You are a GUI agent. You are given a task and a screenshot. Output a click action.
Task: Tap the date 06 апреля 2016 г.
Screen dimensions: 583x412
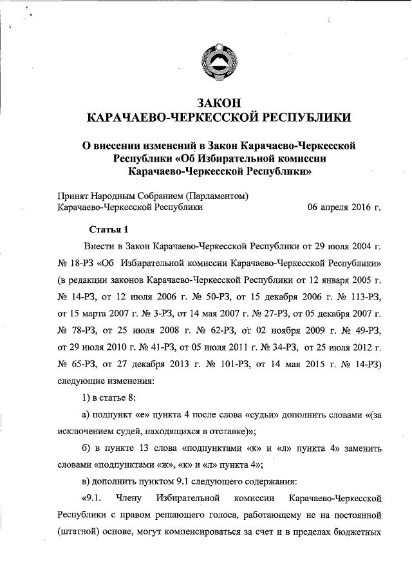coord(344,207)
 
